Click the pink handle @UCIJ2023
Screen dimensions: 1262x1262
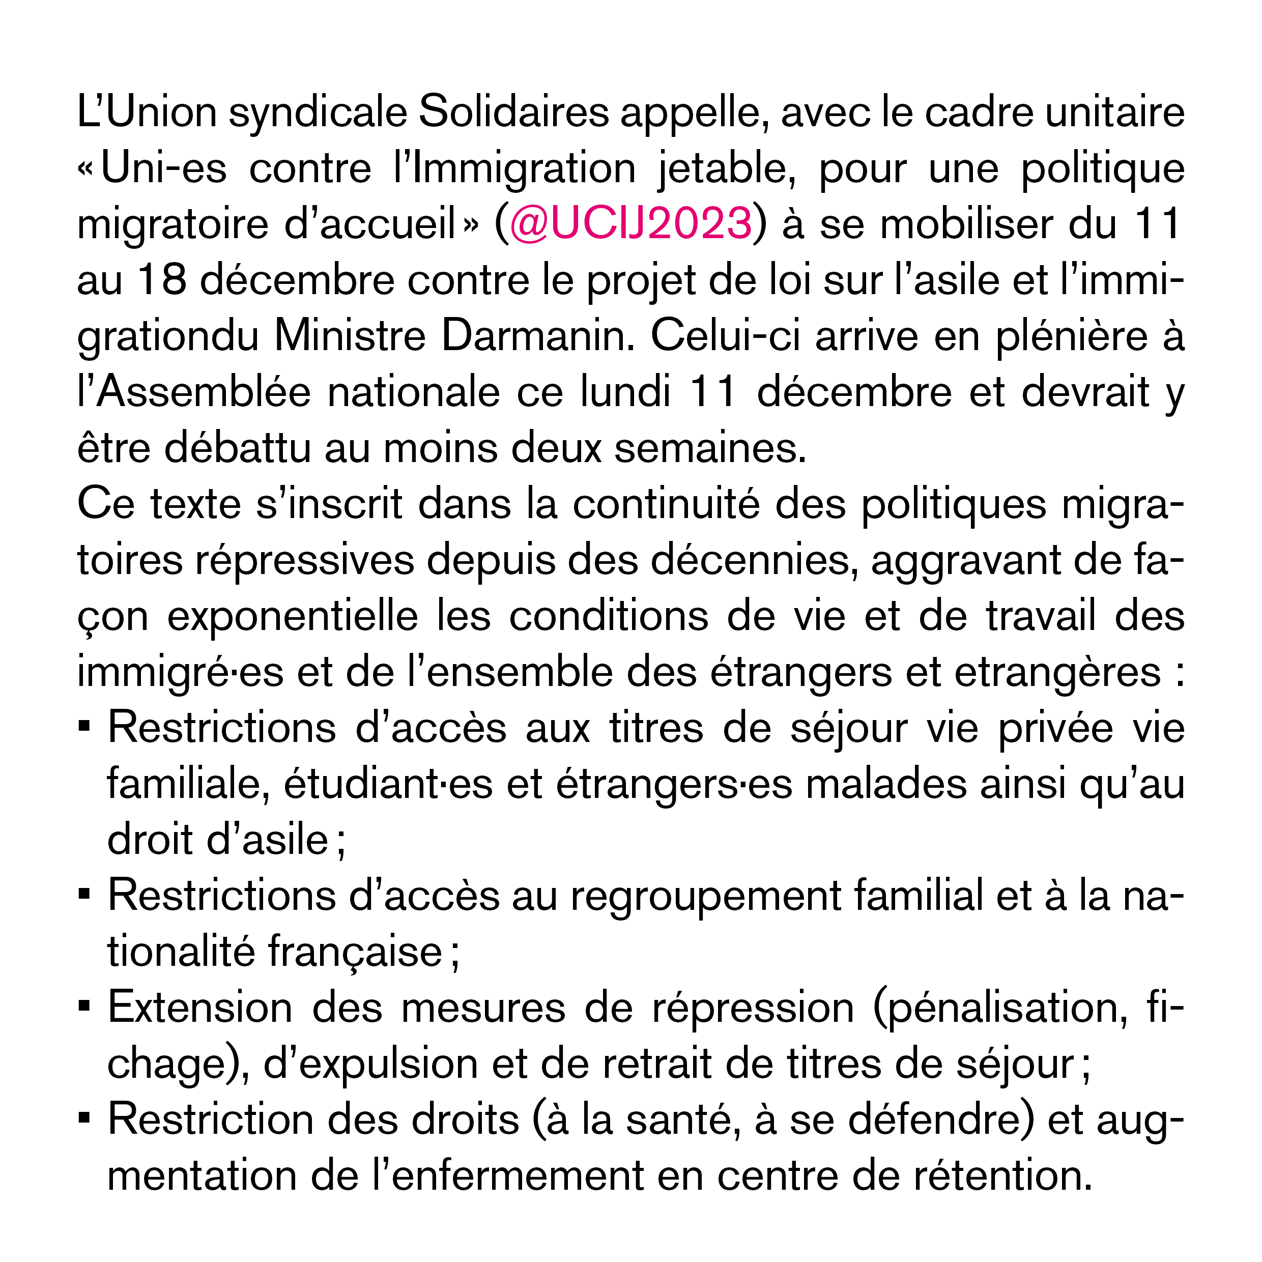pyautogui.click(x=630, y=224)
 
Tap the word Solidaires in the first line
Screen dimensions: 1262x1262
pyautogui.click(x=513, y=112)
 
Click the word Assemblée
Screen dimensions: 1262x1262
pyautogui.click(x=203, y=392)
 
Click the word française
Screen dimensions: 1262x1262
pyautogui.click(x=356, y=952)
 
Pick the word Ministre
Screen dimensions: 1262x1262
pyautogui.click(x=350, y=336)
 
